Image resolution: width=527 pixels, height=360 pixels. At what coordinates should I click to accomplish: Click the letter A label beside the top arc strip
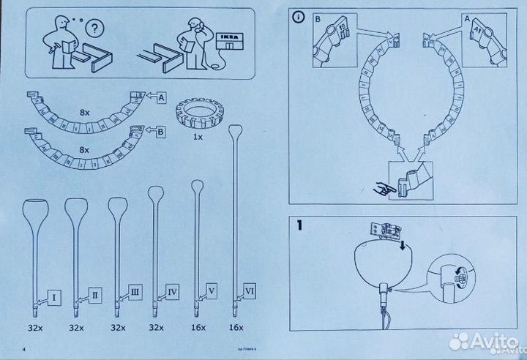point(160,95)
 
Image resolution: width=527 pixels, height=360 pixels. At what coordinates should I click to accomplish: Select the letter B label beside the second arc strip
point(160,132)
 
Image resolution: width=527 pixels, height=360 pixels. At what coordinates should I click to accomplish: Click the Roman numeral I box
point(54,296)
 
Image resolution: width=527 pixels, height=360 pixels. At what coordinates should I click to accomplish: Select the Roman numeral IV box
point(173,292)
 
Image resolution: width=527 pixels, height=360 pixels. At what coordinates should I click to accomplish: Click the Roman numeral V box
point(212,289)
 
